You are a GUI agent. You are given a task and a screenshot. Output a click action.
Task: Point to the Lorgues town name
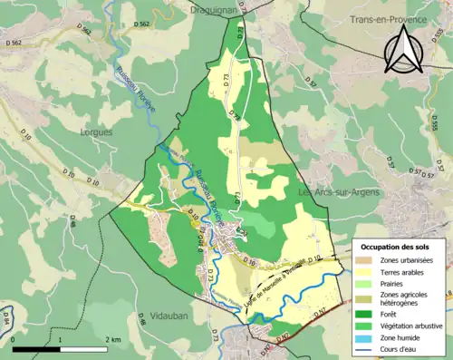click(x=98, y=131)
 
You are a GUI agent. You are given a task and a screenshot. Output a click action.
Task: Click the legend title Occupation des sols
click(x=400, y=246)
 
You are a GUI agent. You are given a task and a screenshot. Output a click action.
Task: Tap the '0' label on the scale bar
click(x=14, y=339)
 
